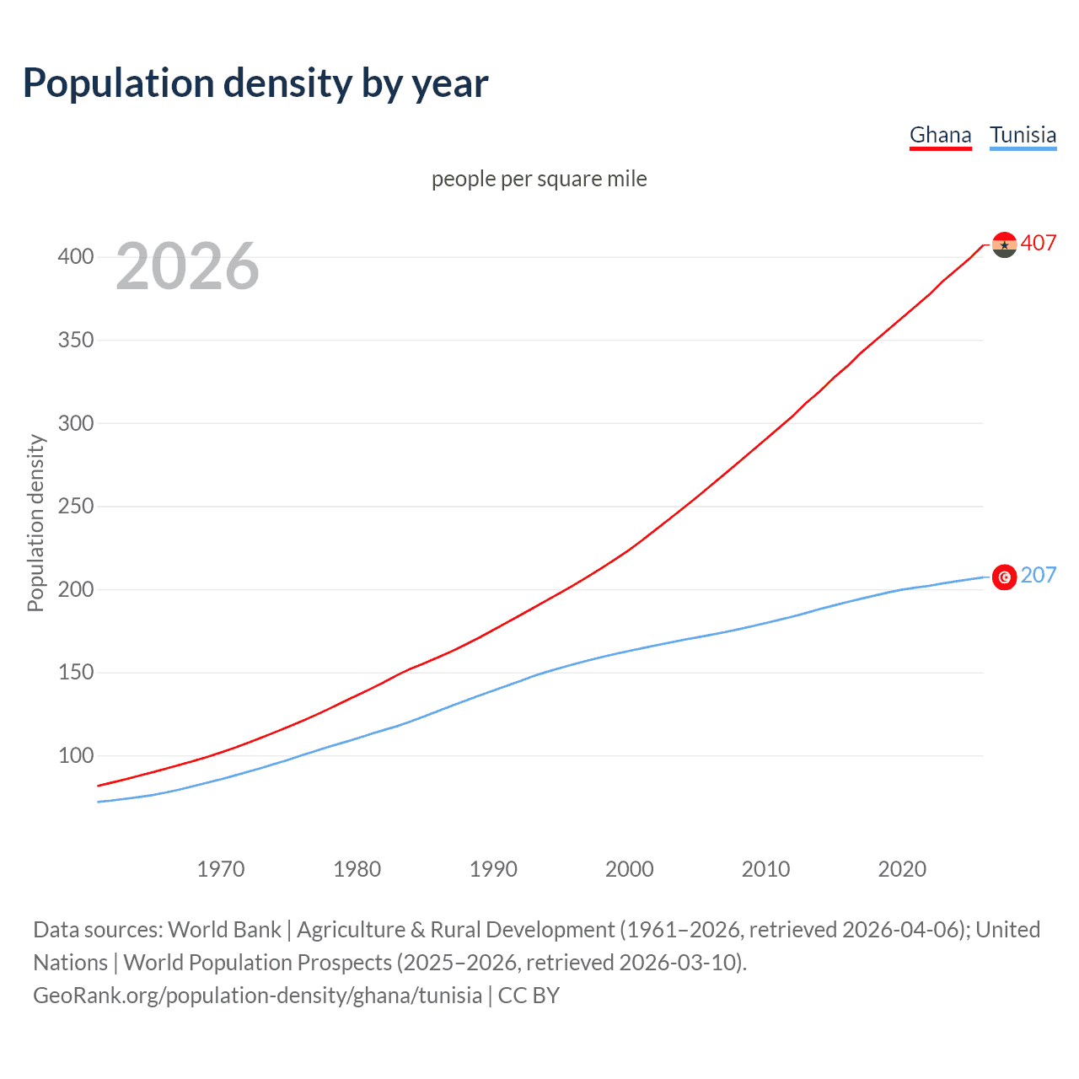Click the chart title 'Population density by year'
pyautogui.click(x=255, y=83)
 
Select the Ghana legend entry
pyautogui.click(x=940, y=136)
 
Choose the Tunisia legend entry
pyautogui.click(x=1023, y=136)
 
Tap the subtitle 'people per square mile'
pyautogui.click(x=539, y=179)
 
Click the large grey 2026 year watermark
pyautogui.click(x=187, y=266)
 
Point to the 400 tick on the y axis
pyautogui.click(x=75, y=256)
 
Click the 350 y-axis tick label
pyautogui.click(x=75, y=340)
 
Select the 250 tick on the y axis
pyautogui.click(x=75, y=506)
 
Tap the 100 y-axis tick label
pyautogui.click(x=75, y=755)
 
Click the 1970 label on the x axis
pyautogui.click(x=221, y=869)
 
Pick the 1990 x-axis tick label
pyautogui.click(x=493, y=869)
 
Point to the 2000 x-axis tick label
pyautogui.click(x=629, y=869)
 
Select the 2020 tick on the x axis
pyautogui.click(x=902, y=869)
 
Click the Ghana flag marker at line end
pyautogui.click(x=1004, y=244)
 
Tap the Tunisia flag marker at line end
pyautogui.click(x=1004, y=577)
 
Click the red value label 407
pyautogui.click(x=1039, y=244)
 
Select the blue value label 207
pyautogui.click(x=1039, y=576)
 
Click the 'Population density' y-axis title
pyautogui.click(x=35, y=523)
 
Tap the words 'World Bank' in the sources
pyautogui.click(x=224, y=930)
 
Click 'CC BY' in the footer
pyautogui.click(x=529, y=996)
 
